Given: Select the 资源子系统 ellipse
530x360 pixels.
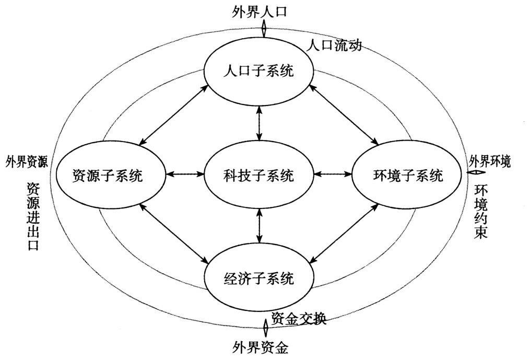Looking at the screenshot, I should pyautogui.click(x=108, y=176).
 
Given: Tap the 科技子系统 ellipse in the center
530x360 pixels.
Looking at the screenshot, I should pyautogui.click(x=259, y=176).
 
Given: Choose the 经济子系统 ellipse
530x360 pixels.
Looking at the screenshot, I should pyautogui.click(x=259, y=277).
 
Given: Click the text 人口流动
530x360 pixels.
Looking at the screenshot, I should pyautogui.click(x=334, y=46).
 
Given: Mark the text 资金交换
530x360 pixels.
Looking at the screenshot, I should pyautogui.click(x=299, y=318).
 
